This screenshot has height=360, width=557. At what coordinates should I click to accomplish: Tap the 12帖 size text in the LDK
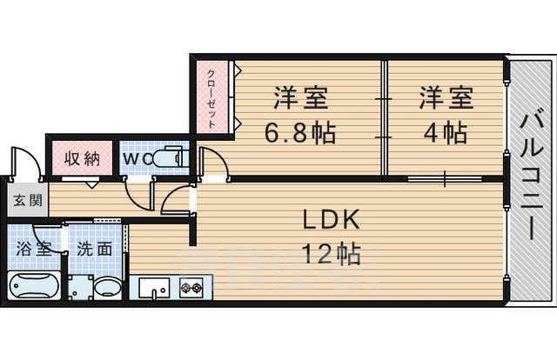coord(331,254)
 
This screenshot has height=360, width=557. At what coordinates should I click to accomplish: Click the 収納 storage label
coord(84,160)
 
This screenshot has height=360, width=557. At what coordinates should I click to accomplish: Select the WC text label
coord(137,160)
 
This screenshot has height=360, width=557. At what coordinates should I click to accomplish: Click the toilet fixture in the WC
coord(171,159)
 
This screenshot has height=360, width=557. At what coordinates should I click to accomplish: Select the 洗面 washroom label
coord(94,248)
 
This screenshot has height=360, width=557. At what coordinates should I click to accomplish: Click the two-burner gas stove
coord(191,287)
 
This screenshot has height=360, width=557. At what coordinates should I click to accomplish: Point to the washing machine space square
coord(81,288)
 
